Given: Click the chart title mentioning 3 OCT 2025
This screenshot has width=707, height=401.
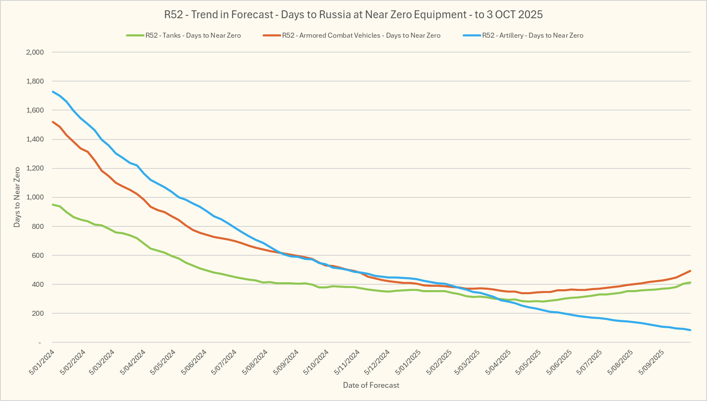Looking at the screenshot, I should (x=353, y=15).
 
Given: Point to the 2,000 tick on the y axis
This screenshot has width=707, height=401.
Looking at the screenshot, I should (x=35, y=52).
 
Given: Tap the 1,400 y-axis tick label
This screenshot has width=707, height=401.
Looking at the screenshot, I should (x=35, y=139).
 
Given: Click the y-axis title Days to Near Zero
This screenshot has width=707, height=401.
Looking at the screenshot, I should (x=17, y=197).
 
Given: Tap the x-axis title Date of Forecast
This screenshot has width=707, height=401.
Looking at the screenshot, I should (x=371, y=385).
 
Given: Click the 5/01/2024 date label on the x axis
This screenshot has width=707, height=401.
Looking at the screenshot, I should (x=42, y=362).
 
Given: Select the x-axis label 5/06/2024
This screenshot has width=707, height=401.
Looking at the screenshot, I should (x=194, y=362).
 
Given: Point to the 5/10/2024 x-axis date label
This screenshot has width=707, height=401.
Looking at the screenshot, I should (x=316, y=362).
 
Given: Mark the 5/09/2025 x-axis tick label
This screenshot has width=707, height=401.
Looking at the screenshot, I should (x=652, y=362).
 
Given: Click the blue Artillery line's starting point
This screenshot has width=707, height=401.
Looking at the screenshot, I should (x=53, y=92).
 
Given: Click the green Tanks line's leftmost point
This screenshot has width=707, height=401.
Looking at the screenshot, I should (x=53, y=204).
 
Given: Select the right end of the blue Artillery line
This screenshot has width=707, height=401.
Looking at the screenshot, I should (x=690, y=330).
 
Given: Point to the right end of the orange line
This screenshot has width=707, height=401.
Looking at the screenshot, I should (x=690, y=271).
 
